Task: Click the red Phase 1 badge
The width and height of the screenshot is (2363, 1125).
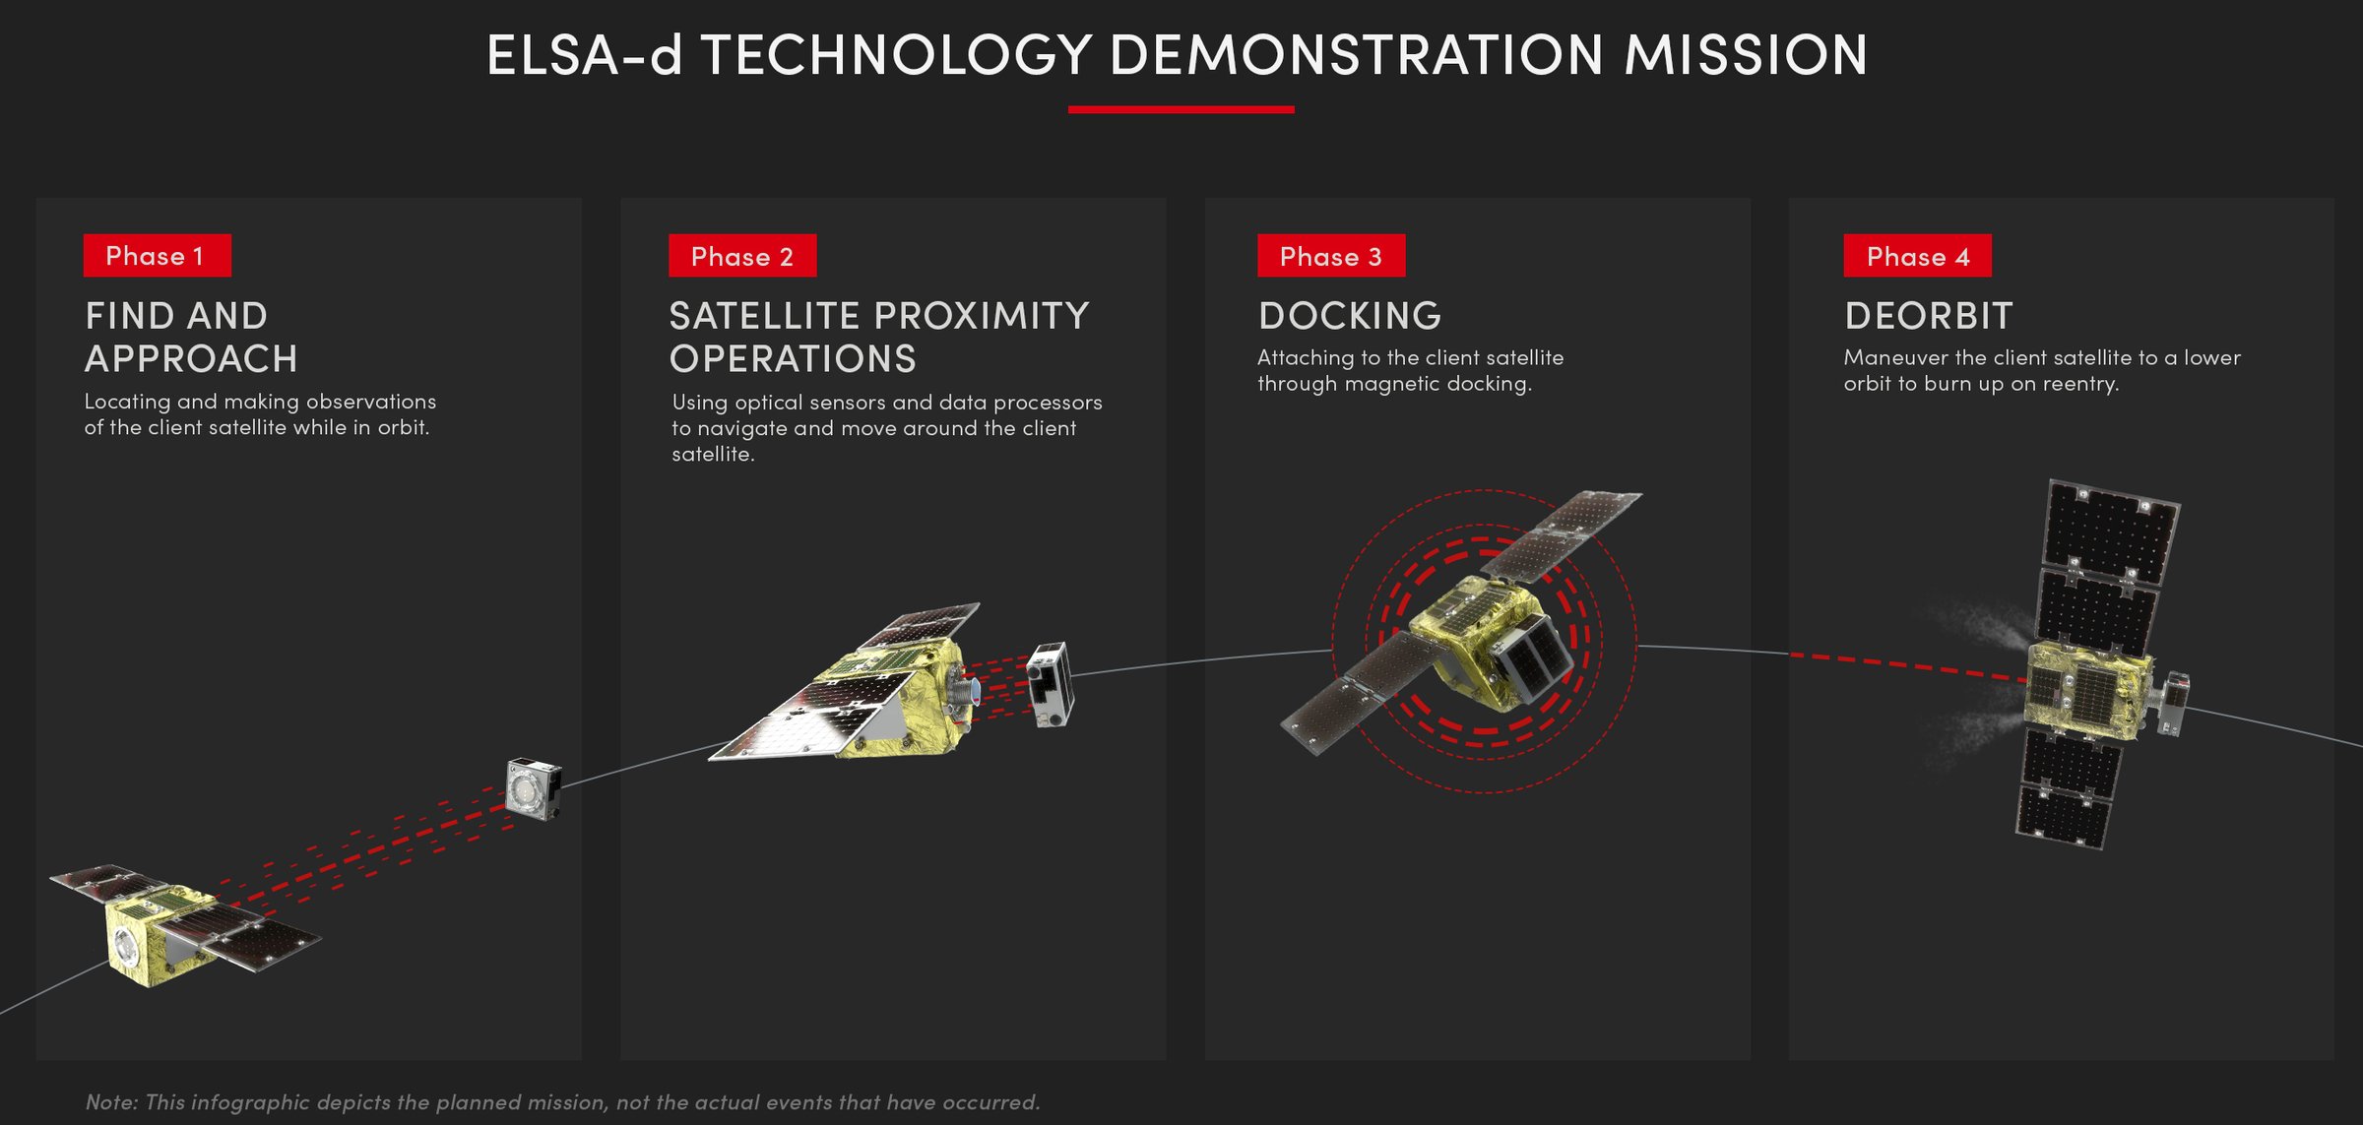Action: [158, 256]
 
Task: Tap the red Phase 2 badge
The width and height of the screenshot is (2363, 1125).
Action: [742, 256]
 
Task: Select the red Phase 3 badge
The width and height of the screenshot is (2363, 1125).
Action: [1331, 256]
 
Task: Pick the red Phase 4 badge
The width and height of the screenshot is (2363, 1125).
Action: [1918, 256]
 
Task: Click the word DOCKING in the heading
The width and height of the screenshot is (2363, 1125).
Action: [1350, 316]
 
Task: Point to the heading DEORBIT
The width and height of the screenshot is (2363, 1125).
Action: [1929, 316]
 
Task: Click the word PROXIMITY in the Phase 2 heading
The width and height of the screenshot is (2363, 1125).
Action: [982, 316]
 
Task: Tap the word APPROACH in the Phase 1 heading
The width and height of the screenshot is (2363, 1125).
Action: [191, 359]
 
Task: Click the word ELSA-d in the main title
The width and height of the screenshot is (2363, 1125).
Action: [585, 54]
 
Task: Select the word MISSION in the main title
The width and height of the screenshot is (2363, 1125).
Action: [1746, 54]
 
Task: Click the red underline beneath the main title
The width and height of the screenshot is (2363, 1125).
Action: [1181, 109]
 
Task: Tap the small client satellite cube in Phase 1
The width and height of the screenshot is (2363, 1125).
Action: [534, 787]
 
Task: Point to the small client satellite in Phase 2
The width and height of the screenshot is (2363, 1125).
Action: [1050, 684]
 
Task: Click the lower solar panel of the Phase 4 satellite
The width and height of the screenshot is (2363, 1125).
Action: [2068, 787]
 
